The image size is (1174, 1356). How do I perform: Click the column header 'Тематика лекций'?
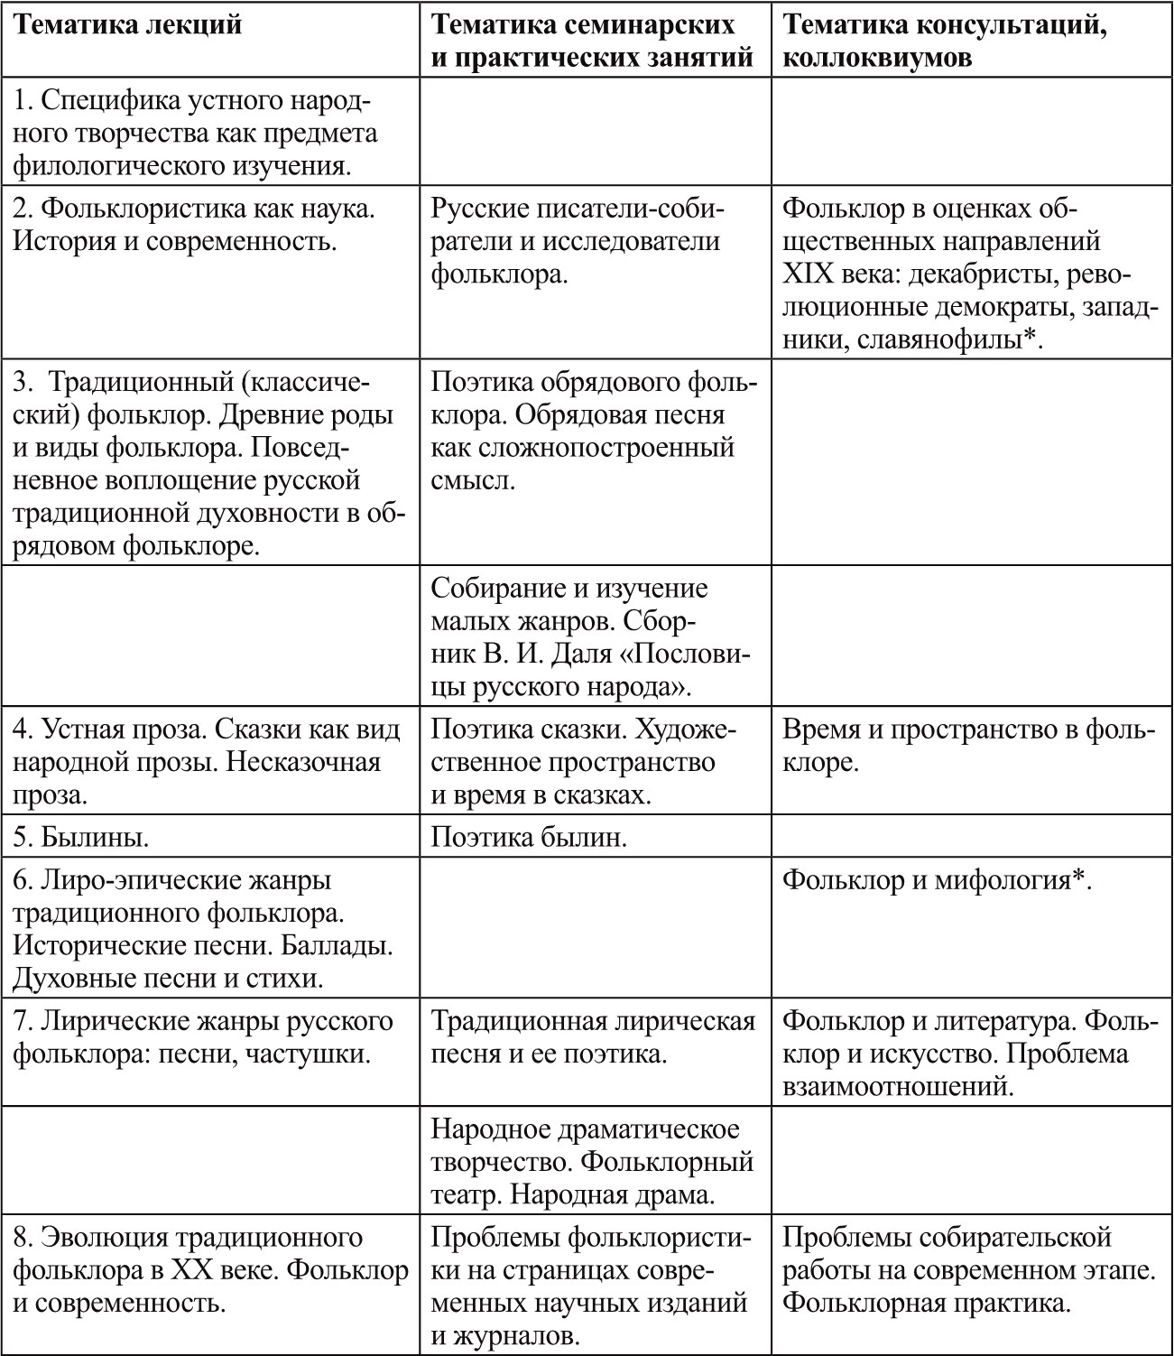[128, 25]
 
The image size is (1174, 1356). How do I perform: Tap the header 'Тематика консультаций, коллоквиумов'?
[946, 42]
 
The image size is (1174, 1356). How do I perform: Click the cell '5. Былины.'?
[81, 838]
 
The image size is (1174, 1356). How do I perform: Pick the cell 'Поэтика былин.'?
[528, 838]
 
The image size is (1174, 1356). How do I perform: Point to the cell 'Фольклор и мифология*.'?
[937, 879]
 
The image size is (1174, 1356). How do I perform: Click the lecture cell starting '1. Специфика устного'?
[194, 133]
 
